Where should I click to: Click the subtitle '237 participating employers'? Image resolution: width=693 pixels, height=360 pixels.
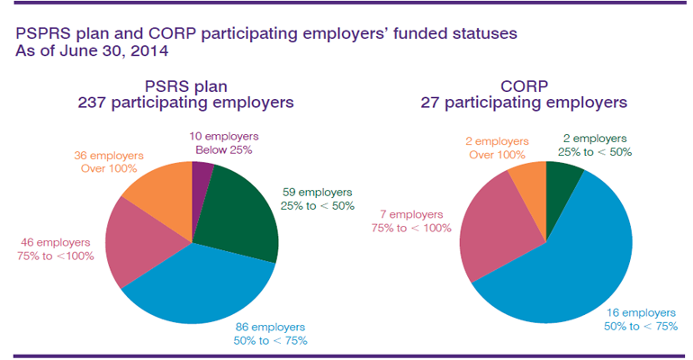(186, 103)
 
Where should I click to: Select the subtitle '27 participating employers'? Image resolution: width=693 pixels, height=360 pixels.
(524, 103)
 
